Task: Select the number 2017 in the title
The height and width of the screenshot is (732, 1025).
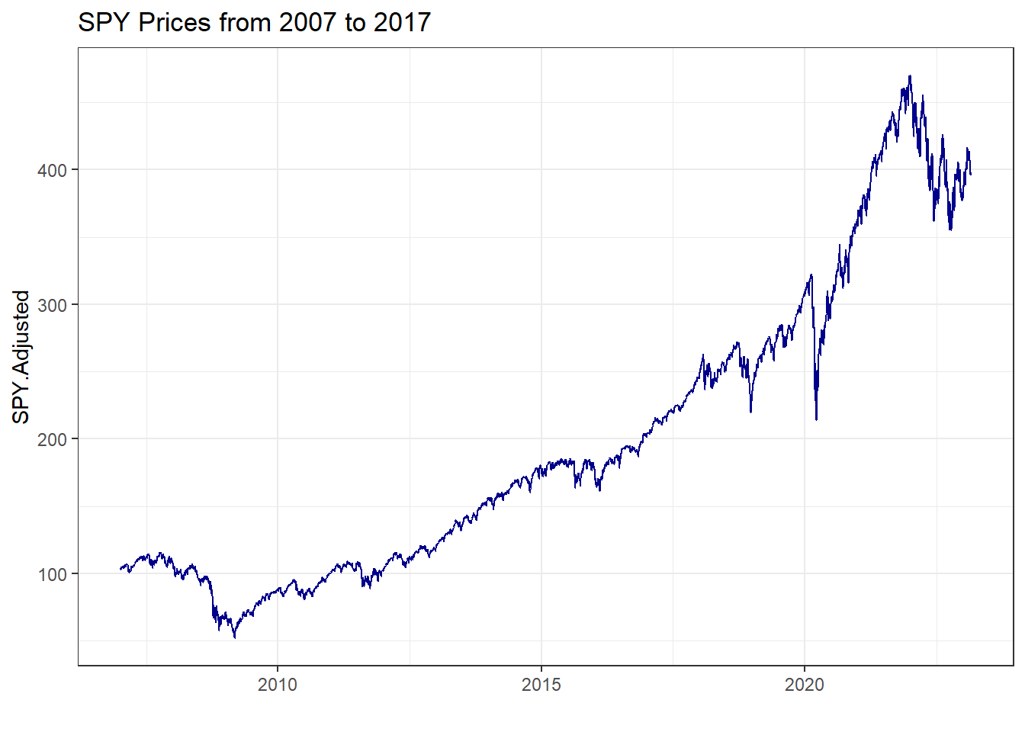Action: coord(401,23)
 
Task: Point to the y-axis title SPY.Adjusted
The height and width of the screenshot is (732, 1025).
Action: coord(21,357)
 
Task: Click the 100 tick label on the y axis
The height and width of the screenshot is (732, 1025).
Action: coord(53,574)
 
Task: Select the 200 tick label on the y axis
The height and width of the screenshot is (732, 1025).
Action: coord(53,439)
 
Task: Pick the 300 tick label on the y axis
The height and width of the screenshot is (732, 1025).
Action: coord(53,305)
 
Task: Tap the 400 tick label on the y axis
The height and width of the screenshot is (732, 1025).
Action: coord(53,170)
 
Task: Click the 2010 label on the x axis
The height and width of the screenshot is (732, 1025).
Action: coord(278,685)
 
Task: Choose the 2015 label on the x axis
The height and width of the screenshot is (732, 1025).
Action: coord(541,685)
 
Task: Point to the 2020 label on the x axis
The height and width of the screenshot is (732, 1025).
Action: coord(805,685)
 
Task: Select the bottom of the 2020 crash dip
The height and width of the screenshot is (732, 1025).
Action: coord(817,419)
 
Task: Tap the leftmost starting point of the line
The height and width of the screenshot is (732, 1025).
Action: coord(120,568)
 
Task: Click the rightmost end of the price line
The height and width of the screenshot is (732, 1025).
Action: coord(971,175)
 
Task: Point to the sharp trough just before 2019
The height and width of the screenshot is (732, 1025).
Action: coord(751,412)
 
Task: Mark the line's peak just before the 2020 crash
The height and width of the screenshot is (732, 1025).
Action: coord(811,274)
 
